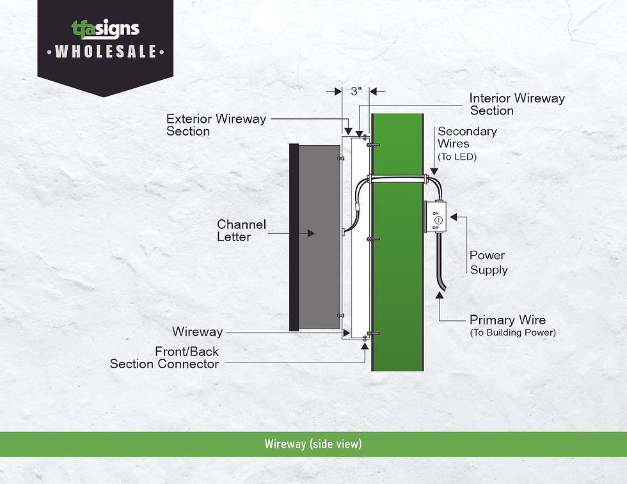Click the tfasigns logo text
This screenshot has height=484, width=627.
pos(106,29)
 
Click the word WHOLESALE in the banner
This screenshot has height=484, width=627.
pos(106,52)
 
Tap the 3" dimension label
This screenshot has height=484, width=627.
pos(356,91)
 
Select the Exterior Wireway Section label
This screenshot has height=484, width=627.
pos(216,125)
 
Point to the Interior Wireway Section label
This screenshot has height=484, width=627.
pos(517,104)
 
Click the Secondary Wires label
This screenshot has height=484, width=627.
pos(467,137)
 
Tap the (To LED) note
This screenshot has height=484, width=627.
pos(457,157)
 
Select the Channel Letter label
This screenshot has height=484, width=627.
pos(241,230)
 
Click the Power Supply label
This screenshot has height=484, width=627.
pos(488,262)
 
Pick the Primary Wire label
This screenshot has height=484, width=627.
pos(507,320)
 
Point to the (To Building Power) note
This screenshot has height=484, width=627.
pos(512,332)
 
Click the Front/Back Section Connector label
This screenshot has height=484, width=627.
pos(164,357)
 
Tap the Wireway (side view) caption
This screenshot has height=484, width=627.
pos(313,444)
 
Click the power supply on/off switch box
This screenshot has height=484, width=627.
pos(436,216)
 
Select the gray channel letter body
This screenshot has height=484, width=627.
pos(319,237)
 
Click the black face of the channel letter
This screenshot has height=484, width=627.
pos(294,237)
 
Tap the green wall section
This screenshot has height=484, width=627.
pos(397,242)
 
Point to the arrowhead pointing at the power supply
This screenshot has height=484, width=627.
pos(454,217)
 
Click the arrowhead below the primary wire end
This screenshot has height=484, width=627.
pos(440,295)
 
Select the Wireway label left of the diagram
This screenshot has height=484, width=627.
pos(198,331)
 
